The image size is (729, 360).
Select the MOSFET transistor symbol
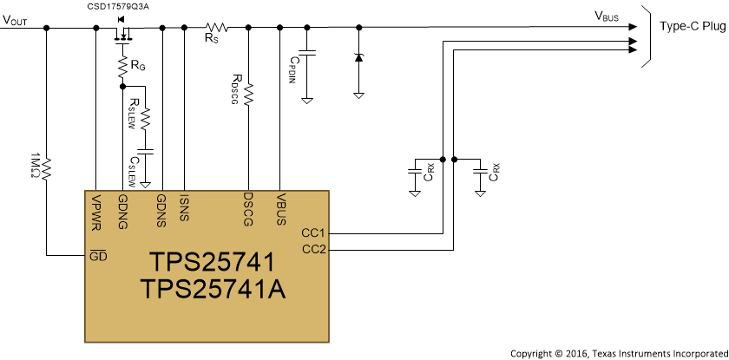[x=122, y=32]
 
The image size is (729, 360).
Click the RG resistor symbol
[x=122, y=66]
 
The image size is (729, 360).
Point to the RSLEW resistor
[x=146, y=116]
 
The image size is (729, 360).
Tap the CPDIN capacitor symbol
[x=306, y=53]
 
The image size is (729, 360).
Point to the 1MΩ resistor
[x=47, y=164]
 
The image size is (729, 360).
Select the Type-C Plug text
[x=689, y=27]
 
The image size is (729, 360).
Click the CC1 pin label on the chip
[x=312, y=233]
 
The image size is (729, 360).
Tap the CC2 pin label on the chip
[x=312, y=250]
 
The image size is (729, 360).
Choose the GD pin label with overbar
[x=99, y=257]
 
